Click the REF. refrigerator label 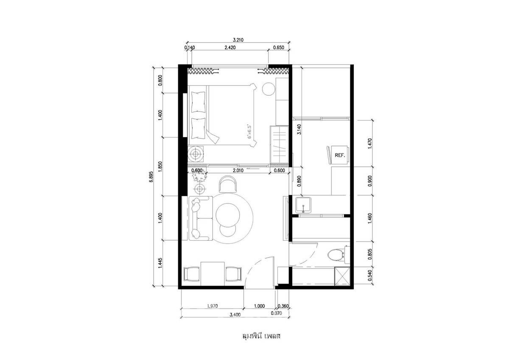pyautogui.click(x=340, y=155)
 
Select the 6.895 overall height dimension pyautogui.click(x=151, y=176)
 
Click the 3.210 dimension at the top pyautogui.click(x=238, y=40)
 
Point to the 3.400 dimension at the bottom pyautogui.click(x=235, y=315)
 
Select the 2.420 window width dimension pyautogui.click(x=230, y=48)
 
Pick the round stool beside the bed pyautogui.click(x=268, y=89)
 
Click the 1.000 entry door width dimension pyautogui.click(x=259, y=306)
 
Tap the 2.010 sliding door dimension pyautogui.click(x=238, y=170)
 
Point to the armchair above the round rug pyautogui.click(x=228, y=184)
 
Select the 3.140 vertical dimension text pyautogui.click(x=299, y=129)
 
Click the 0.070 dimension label pyautogui.click(x=276, y=313)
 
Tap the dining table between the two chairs pyautogui.click(x=213, y=274)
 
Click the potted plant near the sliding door pyautogui.click(x=200, y=176)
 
